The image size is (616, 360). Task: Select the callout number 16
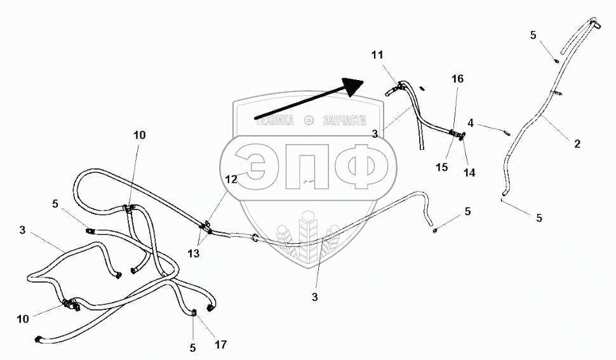[457, 79]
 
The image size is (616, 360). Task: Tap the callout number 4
[471, 123]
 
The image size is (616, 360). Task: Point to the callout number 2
[577, 144]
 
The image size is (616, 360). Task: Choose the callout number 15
[442, 168]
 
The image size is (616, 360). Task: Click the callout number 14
[470, 172]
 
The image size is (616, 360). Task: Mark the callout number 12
[231, 180]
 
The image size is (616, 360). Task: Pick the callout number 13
[194, 253]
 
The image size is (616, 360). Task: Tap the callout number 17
[221, 345]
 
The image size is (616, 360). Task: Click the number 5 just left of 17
[193, 348]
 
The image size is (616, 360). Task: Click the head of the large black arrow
[352, 85]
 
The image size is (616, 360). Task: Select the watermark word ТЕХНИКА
[275, 120]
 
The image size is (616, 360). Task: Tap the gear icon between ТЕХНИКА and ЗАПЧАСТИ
[309, 119]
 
